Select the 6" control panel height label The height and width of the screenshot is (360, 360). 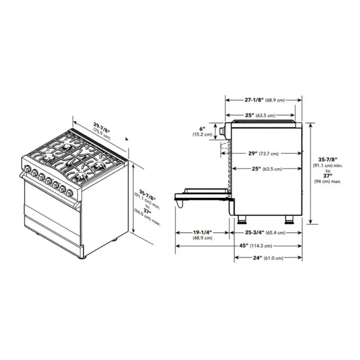202,129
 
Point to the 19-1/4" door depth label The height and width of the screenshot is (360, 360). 202,232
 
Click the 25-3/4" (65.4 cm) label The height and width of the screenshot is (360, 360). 265,232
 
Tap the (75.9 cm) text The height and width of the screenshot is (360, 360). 102,134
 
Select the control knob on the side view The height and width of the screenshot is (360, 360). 222,131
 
